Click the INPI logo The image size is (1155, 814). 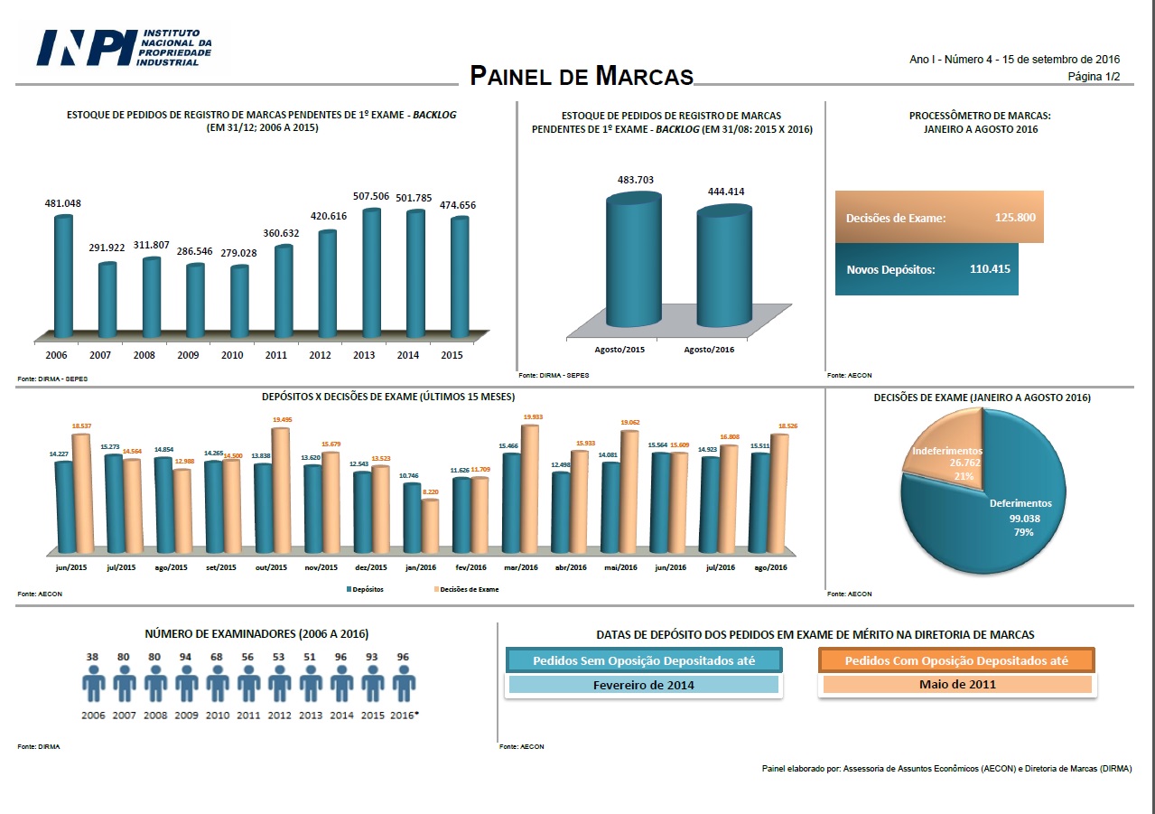click(124, 47)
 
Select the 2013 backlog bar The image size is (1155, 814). click(371, 271)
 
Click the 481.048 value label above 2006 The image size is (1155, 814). click(61, 203)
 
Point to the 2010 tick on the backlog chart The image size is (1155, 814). click(232, 356)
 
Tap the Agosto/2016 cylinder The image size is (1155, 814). click(723, 267)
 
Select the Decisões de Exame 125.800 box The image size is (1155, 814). click(939, 217)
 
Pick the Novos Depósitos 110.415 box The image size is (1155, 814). click(927, 269)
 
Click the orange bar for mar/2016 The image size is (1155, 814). click(529, 488)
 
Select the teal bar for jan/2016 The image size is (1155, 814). click(412, 517)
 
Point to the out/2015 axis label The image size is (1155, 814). click(271, 567)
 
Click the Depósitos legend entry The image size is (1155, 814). click(365, 589)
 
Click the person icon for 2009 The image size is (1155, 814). click(187, 685)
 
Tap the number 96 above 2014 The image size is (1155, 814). click(341, 657)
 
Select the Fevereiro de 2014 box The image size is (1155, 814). click(643, 685)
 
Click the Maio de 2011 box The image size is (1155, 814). click(956, 684)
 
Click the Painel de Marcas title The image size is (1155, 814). click(581, 76)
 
